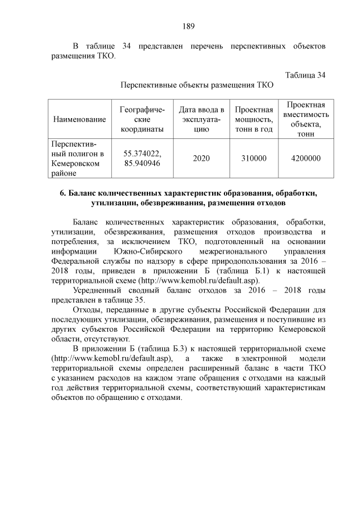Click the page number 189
point(188,26)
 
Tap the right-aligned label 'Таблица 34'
point(305,75)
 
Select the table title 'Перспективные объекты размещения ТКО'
point(197,86)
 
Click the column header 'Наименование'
point(79,119)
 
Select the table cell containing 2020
point(201,159)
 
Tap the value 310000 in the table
point(254,159)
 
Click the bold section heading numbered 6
point(188,197)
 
